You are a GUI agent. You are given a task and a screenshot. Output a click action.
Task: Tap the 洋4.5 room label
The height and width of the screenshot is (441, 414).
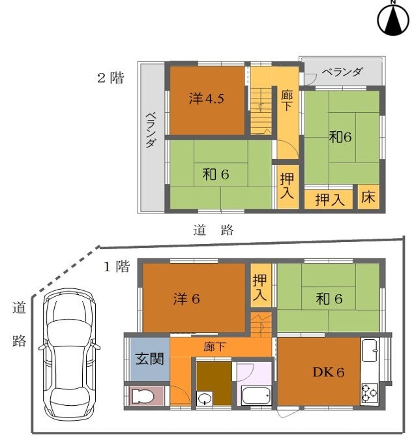pyautogui.click(x=207, y=99)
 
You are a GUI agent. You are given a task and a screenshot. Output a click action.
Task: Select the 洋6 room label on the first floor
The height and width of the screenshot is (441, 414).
pyautogui.click(x=186, y=299)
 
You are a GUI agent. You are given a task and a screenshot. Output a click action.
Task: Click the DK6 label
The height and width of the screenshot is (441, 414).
pyautogui.click(x=329, y=373)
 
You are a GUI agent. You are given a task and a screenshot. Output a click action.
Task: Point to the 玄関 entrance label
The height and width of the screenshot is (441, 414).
pyautogui.click(x=149, y=359)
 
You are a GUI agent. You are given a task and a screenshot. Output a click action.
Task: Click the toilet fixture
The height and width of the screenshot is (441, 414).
pyautogui.click(x=143, y=396)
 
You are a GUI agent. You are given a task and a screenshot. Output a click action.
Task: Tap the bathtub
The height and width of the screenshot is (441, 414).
pyautogui.click(x=256, y=395)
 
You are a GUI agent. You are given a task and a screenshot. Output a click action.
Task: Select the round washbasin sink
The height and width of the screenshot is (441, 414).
pyautogui.click(x=204, y=399)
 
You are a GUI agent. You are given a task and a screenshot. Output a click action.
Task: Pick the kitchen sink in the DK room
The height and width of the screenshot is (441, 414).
pyautogui.click(x=370, y=350)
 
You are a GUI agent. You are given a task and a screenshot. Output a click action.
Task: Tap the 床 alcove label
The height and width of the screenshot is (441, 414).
pyautogui.click(x=368, y=197)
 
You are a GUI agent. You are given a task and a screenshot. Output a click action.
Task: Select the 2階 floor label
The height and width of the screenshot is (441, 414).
pyautogui.click(x=110, y=78)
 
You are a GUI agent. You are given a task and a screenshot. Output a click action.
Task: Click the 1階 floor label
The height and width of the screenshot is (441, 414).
pyautogui.click(x=117, y=266)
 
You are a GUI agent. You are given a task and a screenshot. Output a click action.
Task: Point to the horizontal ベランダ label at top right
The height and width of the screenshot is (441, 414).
pyautogui.click(x=342, y=72)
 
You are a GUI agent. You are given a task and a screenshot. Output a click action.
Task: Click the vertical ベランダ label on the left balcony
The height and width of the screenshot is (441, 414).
pyautogui.click(x=151, y=130)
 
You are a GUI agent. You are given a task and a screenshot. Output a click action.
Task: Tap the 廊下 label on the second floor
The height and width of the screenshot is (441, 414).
pyautogui.click(x=287, y=100)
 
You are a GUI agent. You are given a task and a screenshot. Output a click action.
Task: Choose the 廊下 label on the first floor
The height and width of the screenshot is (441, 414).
pyautogui.click(x=214, y=347)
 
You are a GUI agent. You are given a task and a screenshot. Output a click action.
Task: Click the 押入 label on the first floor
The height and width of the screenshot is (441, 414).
pyautogui.click(x=259, y=287)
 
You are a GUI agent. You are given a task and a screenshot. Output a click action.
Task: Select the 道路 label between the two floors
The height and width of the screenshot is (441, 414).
pyautogui.click(x=213, y=230)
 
